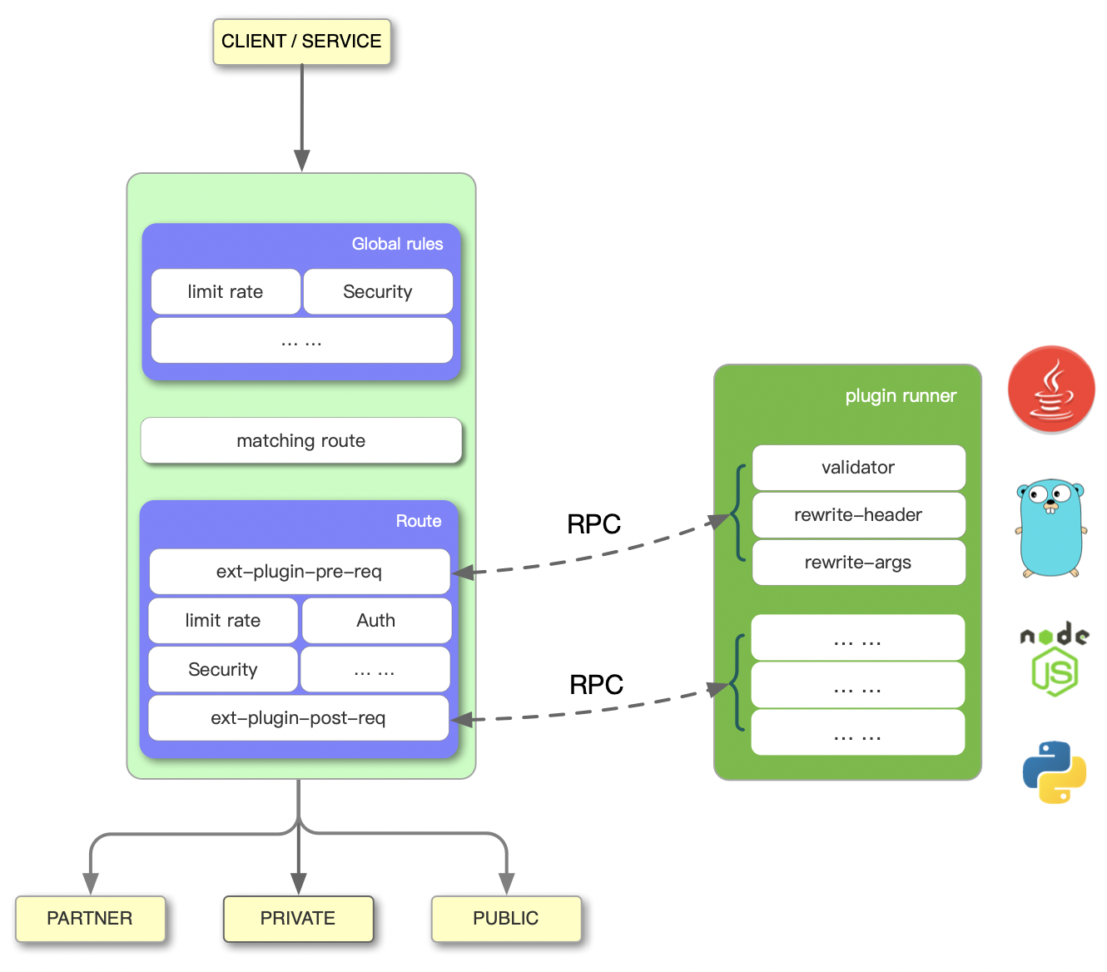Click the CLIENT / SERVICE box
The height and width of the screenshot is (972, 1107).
[x=301, y=42]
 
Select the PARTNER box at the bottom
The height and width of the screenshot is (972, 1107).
[x=90, y=919]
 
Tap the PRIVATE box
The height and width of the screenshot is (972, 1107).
[x=298, y=919]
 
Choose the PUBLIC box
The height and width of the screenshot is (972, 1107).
[x=506, y=919]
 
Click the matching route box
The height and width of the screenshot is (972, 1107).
[x=301, y=441]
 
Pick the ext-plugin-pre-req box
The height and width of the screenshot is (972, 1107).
[x=300, y=572]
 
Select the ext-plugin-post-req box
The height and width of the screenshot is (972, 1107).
[x=298, y=718]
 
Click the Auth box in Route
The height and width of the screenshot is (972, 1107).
[x=376, y=621]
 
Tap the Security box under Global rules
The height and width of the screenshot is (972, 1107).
[x=378, y=292]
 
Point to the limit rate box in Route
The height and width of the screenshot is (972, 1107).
[x=223, y=621]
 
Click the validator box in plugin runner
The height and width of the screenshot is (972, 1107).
[x=858, y=468]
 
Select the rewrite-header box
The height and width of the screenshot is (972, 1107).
[x=858, y=515]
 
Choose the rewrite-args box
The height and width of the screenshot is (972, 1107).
[x=858, y=563]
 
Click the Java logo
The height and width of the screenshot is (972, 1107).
[x=1051, y=389]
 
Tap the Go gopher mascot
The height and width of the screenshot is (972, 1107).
[x=1051, y=528]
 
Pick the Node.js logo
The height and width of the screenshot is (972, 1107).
[x=1055, y=659]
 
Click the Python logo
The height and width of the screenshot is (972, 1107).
[x=1055, y=772]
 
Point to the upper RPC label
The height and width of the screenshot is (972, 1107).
[x=594, y=524]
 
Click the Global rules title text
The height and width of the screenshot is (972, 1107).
[x=397, y=244]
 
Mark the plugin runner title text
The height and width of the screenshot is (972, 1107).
[x=901, y=396]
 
